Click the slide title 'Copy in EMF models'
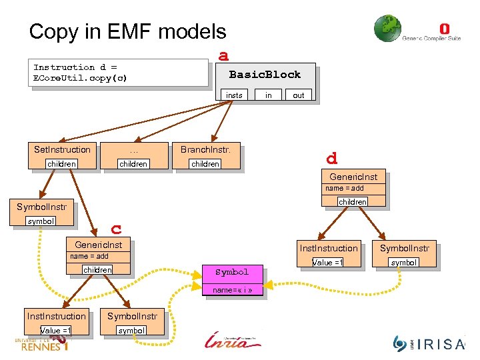pyautogui.click(x=127, y=31)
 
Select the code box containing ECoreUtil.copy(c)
pyautogui.click(x=120, y=73)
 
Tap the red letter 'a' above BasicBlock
pyautogui.click(x=224, y=55)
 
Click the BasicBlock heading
pyautogui.click(x=265, y=75)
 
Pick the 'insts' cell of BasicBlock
pyautogui.click(x=234, y=95)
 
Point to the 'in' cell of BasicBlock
pyautogui.click(x=269, y=95)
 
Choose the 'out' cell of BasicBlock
pyautogui.click(x=298, y=95)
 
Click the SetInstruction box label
pyautogui.click(x=62, y=149)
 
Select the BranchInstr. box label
pyautogui.click(x=205, y=149)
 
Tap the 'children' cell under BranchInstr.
pyautogui.click(x=205, y=164)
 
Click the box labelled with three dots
pyautogui.click(x=133, y=149)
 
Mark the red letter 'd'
pyautogui.click(x=331, y=159)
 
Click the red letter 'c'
pyautogui.click(x=116, y=229)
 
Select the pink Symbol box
pyautogui.click(x=232, y=272)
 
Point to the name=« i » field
pyautogui.click(x=232, y=290)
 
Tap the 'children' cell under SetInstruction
pyautogui.click(x=61, y=164)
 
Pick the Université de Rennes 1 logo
pyautogui.click(x=41, y=343)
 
